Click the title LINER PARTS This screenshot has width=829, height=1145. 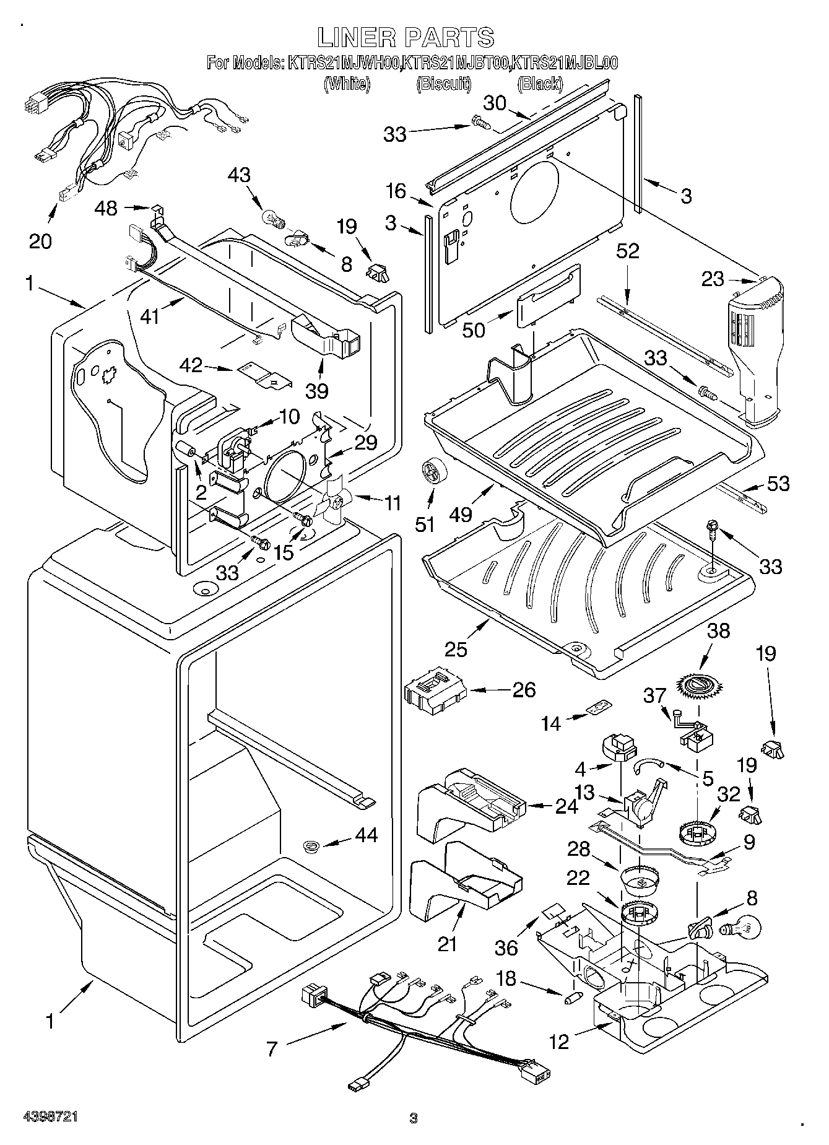[x=406, y=37]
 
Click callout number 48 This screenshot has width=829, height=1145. [x=106, y=208]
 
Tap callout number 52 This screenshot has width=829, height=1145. [x=627, y=251]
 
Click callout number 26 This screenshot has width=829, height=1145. [x=524, y=689]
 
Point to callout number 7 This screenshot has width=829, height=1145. [x=272, y=1048]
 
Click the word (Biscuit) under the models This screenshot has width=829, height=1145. [x=444, y=84]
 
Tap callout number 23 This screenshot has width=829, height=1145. [x=712, y=279]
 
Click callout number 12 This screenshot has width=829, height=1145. [x=558, y=1042]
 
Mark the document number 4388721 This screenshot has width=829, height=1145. [x=50, y=1117]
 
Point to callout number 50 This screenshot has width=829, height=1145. [x=474, y=330]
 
